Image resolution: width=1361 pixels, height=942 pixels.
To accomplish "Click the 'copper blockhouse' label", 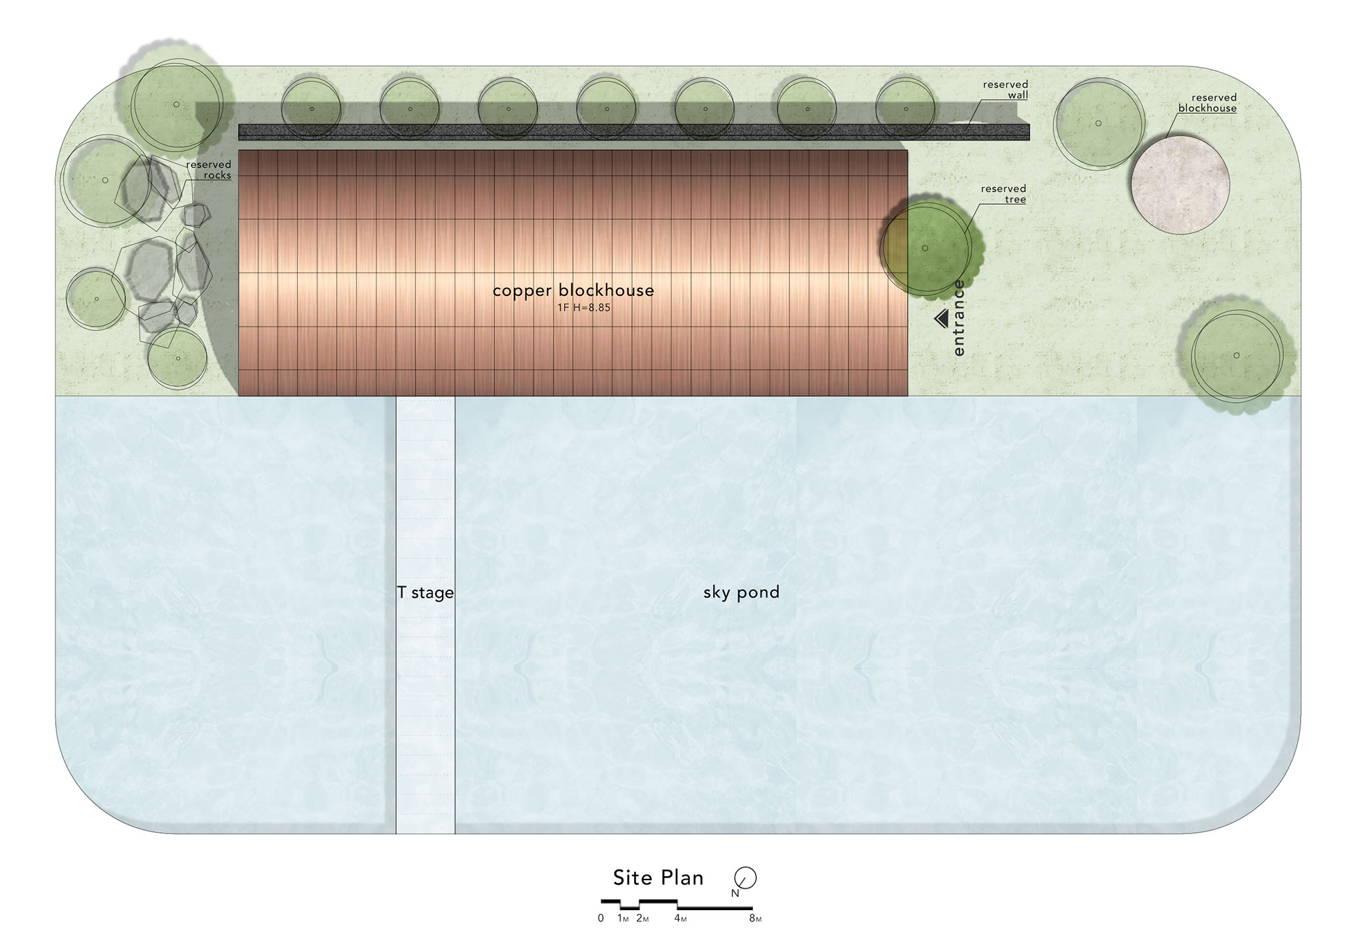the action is click(x=574, y=291).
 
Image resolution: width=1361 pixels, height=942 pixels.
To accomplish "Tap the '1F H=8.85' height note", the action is click(x=584, y=308).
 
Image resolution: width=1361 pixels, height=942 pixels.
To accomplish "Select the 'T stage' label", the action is click(x=425, y=592).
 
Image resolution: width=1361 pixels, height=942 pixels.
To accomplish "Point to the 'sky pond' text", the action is click(x=742, y=592).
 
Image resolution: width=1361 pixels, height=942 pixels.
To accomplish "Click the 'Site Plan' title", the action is click(x=659, y=878).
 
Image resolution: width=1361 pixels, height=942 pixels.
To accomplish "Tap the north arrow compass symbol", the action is click(x=745, y=878).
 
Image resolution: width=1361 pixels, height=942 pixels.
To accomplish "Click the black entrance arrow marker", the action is click(x=941, y=319).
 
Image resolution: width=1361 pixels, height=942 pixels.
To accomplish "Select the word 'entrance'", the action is click(x=959, y=318).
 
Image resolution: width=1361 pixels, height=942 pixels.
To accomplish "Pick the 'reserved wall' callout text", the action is click(x=1005, y=90).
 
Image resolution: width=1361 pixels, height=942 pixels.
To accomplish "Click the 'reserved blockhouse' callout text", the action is click(x=1207, y=103).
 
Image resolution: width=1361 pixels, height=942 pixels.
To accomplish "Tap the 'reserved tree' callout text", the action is click(x=1003, y=194).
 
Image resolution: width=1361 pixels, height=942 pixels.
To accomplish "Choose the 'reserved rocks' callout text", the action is click(x=209, y=170).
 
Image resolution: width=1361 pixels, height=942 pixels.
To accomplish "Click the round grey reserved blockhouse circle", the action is click(x=1180, y=185).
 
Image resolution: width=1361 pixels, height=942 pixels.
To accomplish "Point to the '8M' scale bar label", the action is click(x=755, y=919).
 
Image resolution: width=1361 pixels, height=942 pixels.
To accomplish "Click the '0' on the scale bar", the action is click(x=601, y=919).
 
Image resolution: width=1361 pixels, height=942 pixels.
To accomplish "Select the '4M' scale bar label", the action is click(x=680, y=919).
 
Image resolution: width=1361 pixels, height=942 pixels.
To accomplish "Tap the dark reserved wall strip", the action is click(x=634, y=132).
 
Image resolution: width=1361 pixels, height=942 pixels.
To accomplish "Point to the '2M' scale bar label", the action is click(x=642, y=919).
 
